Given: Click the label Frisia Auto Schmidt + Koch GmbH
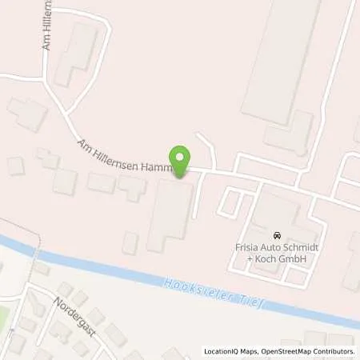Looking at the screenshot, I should [x=276, y=254].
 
